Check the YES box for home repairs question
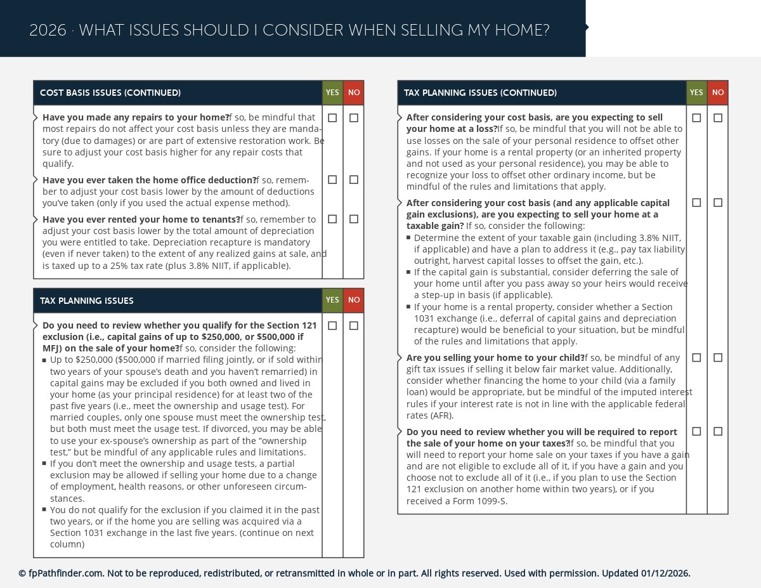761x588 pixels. pos(332,118)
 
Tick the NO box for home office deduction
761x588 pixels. pos(354,180)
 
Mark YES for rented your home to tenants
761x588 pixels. pos(332,219)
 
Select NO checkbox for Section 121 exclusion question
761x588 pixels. pos(354,326)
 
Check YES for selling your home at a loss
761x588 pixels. pos(696,118)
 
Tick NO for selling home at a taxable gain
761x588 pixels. pos(718,203)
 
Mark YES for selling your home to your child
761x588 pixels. pos(696,358)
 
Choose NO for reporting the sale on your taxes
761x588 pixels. pos(718,431)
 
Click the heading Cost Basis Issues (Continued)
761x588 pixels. pos(110,93)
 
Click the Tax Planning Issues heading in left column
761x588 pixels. pos(87,301)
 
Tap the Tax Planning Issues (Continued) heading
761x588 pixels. pos(480,93)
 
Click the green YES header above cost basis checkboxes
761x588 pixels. pos(332,93)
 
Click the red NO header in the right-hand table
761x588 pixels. pos(718,93)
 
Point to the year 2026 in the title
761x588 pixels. pos(48,30)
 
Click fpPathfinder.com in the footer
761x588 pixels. pos(65,573)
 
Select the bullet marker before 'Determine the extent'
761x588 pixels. pos(409,238)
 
